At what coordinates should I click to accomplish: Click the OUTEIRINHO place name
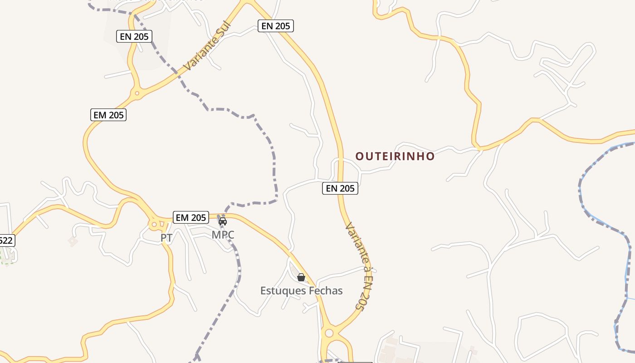pos(395,157)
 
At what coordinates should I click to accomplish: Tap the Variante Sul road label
pos(207,46)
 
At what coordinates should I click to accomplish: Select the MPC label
pos(223,235)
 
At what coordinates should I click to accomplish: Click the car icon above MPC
pos(223,221)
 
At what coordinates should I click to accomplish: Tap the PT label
pos(166,238)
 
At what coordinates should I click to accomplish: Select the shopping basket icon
pos(301,277)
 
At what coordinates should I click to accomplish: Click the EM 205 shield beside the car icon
pos(190,218)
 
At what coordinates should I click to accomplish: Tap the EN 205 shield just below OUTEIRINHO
pos(340,188)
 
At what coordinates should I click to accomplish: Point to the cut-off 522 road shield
pos(6,240)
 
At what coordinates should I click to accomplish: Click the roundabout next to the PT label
pos(154,224)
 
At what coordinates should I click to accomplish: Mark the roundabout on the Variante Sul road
pos(137,94)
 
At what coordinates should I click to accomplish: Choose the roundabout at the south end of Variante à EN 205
pos(329,334)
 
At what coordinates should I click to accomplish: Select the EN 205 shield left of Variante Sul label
pos(134,36)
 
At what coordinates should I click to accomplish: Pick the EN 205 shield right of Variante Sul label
pos(276,26)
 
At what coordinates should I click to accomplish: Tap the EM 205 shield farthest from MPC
pos(108,115)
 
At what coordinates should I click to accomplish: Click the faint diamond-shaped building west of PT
pos(73,241)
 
